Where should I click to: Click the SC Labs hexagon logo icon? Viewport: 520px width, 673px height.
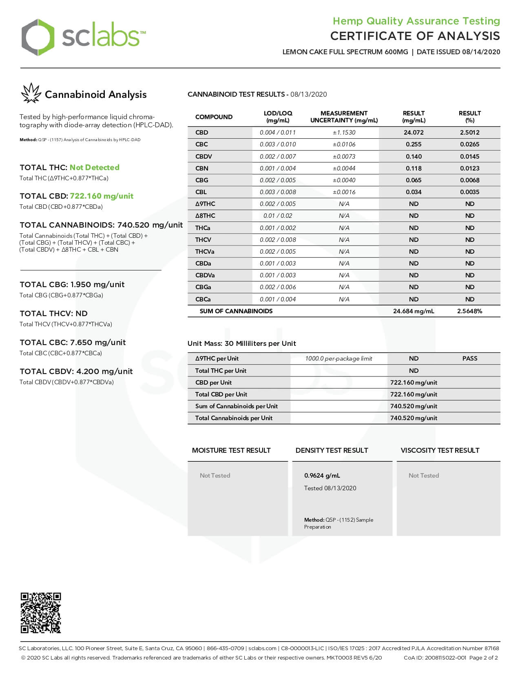click(x=38, y=37)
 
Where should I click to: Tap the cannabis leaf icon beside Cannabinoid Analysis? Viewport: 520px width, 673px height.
click(x=31, y=93)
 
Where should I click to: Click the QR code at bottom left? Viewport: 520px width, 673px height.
click(x=41, y=613)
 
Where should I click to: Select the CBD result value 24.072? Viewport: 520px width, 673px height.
click(x=414, y=133)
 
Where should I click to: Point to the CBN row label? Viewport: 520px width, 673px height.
click(x=202, y=168)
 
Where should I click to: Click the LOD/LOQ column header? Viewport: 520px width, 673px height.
click(x=278, y=117)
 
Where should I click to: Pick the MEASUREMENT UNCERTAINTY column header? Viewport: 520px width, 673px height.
click(x=344, y=117)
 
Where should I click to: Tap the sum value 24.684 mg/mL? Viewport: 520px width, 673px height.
click(x=414, y=311)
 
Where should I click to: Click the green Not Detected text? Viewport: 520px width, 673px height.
click(x=94, y=167)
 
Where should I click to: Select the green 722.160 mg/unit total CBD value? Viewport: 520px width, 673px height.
click(x=102, y=196)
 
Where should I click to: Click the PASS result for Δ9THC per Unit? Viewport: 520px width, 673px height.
click(x=469, y=359)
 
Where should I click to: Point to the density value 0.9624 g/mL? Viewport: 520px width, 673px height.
click(x=322, y=476)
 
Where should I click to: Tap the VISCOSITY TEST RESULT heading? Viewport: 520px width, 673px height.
click(x=440, y=450)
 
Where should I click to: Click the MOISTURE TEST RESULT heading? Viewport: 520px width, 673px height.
click(x=231, y=450)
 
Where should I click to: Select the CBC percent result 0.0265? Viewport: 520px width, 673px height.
click(x=469, y=144)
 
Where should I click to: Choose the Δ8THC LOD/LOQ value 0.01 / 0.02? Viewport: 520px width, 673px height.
click(x=278, y=216)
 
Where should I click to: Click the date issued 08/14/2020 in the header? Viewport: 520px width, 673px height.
click(x=481, y=52)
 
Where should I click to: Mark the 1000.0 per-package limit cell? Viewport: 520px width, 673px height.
click(x=339, y=359)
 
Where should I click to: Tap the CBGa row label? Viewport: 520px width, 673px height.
click(x=203, y=287)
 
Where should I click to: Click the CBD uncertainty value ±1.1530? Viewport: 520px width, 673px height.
click(x=344, y=133)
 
